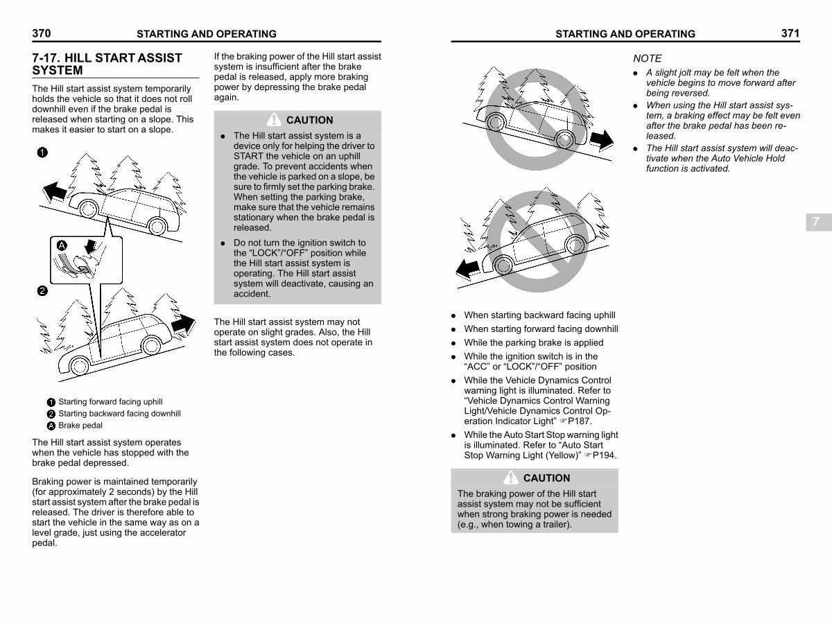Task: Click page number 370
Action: (42, 33)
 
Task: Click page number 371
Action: (790, 33)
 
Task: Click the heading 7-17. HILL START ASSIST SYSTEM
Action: (107, 64)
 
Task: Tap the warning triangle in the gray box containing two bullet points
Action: (275, 119)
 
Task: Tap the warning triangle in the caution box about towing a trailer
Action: (512, 478)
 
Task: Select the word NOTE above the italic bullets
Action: (647, 58)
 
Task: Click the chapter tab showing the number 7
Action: (816, 222)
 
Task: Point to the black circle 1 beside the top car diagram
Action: (42, 152)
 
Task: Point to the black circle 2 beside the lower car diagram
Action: (42, 291)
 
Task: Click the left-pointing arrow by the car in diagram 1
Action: (53, 189)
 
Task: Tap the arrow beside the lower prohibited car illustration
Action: (467, 267)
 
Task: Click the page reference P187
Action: (580, 421)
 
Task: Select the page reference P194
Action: (603, 455)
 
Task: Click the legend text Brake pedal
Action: (80, 426)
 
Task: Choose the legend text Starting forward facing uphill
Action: (110, 402)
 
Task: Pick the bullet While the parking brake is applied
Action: (533, 342)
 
